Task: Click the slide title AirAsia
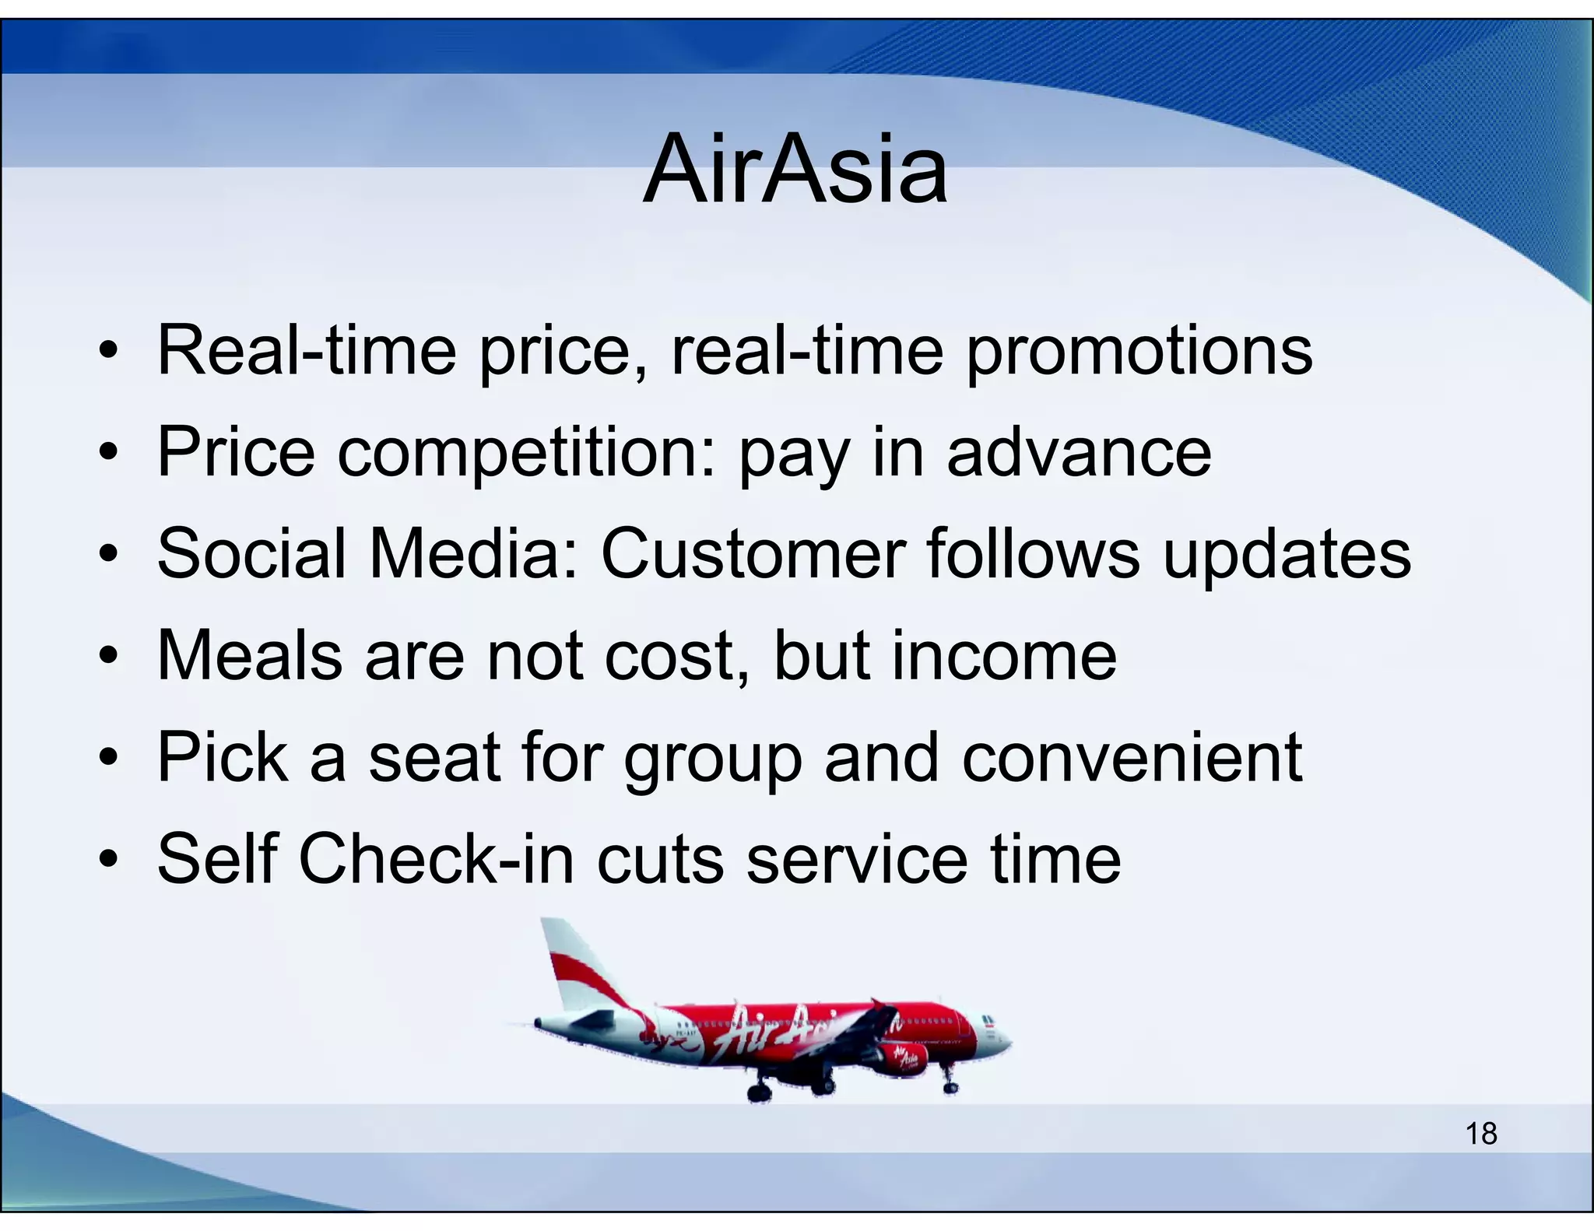pos(795,169)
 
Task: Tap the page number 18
pos(1481,1134)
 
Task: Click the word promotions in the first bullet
pos(1139,352)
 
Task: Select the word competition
pos(525,454)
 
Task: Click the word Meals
pos(249,655)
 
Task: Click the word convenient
pos(1132,757)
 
